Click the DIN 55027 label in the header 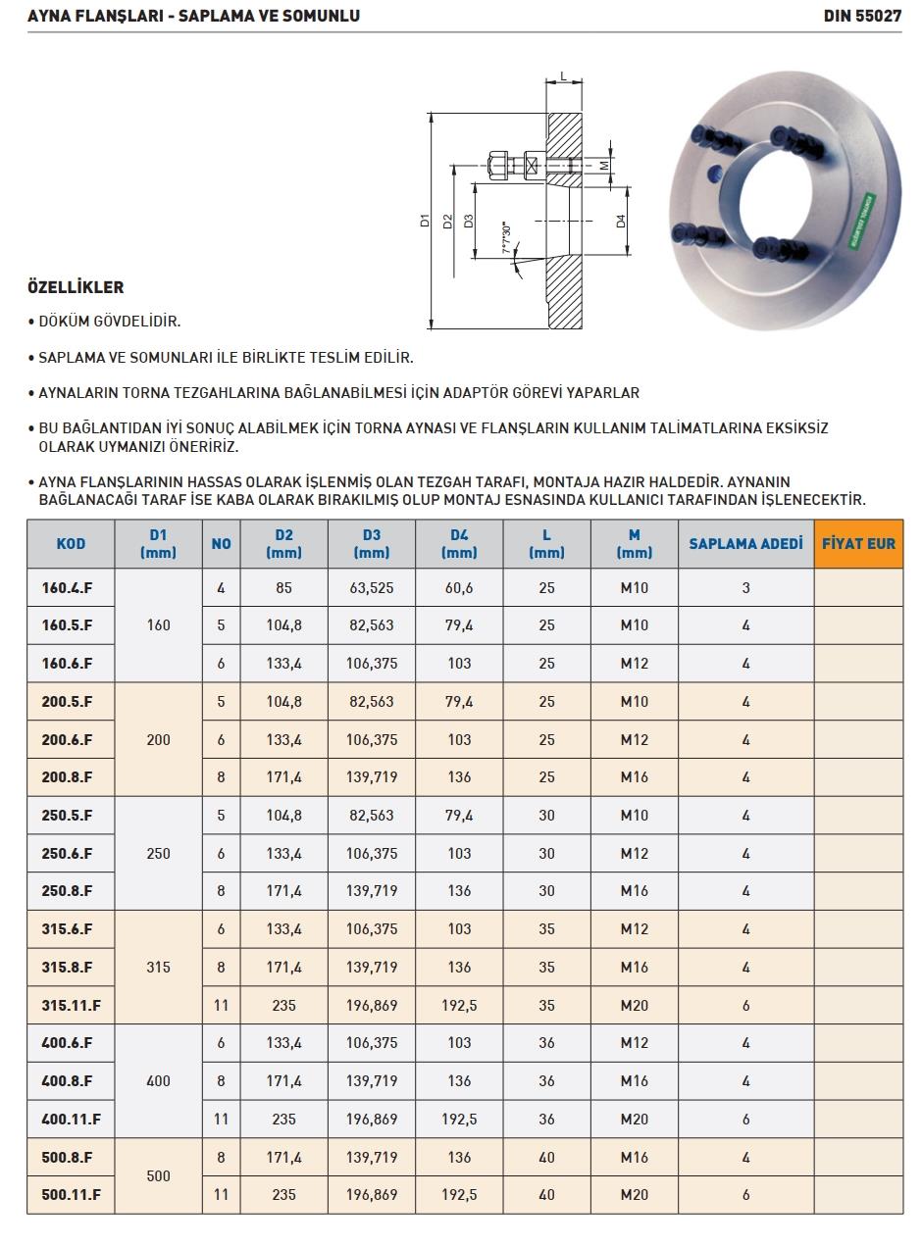[x=862, y=16]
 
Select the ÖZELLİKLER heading [x=76, y=287]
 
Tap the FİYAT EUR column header [x=858, y=543]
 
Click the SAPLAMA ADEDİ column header [x=745, y=543]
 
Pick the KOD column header [x=71, y=543]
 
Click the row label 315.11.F [x=71, y=1005]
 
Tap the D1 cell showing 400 [x=158, y=1081]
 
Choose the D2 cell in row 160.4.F [x=283, y=588]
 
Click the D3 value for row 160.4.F [x=371, y=588]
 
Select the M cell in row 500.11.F [x=634, y=1195]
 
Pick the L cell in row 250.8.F [x=546, y=891]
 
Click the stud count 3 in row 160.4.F [x=745, y=588]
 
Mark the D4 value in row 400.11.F [x=459, y=1119]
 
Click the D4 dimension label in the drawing [x=621, y=222]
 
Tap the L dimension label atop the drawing [x=563, y=75]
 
